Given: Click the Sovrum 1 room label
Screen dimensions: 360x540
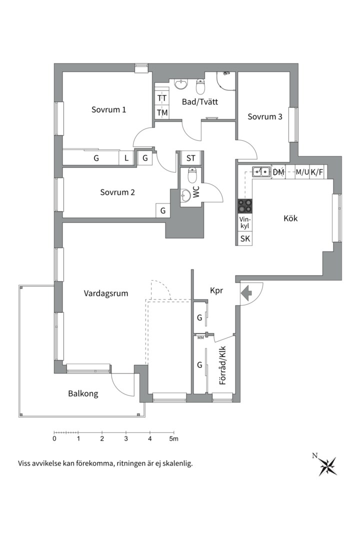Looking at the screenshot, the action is (x=108, y=110).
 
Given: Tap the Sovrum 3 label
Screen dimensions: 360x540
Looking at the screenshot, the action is (x=265, y=116).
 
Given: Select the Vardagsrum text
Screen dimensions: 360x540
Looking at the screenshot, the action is (x=106, y=294).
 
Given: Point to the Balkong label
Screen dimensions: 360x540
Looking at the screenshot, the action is (x=83, y=393).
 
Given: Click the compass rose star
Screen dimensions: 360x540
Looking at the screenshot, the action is (x=327, y=466).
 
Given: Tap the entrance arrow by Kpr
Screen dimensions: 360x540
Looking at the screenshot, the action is (x=246, y=293).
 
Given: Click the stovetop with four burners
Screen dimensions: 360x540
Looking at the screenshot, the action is (x=245, y=206).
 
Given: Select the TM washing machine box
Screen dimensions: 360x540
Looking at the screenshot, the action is (x=162, y=112).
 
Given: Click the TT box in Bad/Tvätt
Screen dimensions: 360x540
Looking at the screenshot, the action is (x=162, y=98).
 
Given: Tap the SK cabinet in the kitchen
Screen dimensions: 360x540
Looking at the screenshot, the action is (x=245, y=238).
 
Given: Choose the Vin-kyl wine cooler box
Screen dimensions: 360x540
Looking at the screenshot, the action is (x=245, y=223).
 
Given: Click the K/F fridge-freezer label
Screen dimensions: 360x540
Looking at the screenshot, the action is (x=316, y=172).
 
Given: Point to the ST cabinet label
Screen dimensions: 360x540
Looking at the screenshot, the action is (x=191, y=158).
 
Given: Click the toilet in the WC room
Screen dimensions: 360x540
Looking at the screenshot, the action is (x=192, y=175).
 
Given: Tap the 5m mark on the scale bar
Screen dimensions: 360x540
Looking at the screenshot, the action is (x=173, y=439).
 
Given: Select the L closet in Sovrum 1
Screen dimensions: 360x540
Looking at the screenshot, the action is (x=126, y=158).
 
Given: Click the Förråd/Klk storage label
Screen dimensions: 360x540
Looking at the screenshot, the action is (x=222, y=365).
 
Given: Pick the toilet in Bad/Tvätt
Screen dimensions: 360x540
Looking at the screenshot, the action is (x=200, y=86).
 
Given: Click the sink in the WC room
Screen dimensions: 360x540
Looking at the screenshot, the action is (x=185, y=195).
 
